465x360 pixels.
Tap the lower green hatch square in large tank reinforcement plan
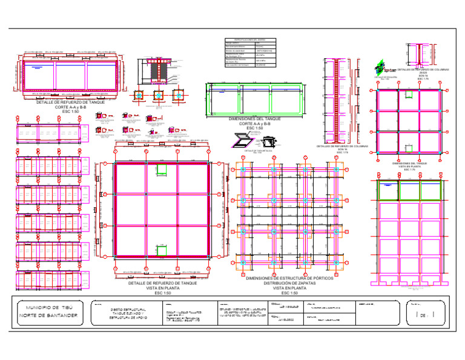[161, 249]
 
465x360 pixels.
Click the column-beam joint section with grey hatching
[157, 72]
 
